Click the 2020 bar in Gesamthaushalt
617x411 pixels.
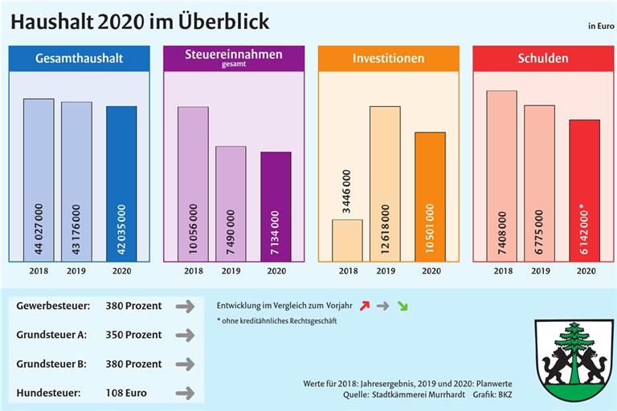click(121, 184)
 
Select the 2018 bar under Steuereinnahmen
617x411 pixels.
click(193, 184)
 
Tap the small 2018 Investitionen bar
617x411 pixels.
click(347, 240)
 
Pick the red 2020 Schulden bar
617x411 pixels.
click(584, 190)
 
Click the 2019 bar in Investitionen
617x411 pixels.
click(385, 184)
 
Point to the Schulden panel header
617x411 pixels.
click(542, 58)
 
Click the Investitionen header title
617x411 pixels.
click(389, 59)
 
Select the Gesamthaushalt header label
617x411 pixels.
click(79, 58)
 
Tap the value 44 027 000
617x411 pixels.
click(39, 230)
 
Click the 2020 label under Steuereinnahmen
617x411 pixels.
click(276, 271)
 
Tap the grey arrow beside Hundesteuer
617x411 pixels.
click(185, 393)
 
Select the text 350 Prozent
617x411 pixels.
click(133, 335)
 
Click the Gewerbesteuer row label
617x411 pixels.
click(51, 306)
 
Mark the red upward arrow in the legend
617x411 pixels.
click(366, 306)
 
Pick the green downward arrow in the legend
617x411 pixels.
click(402, 306)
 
